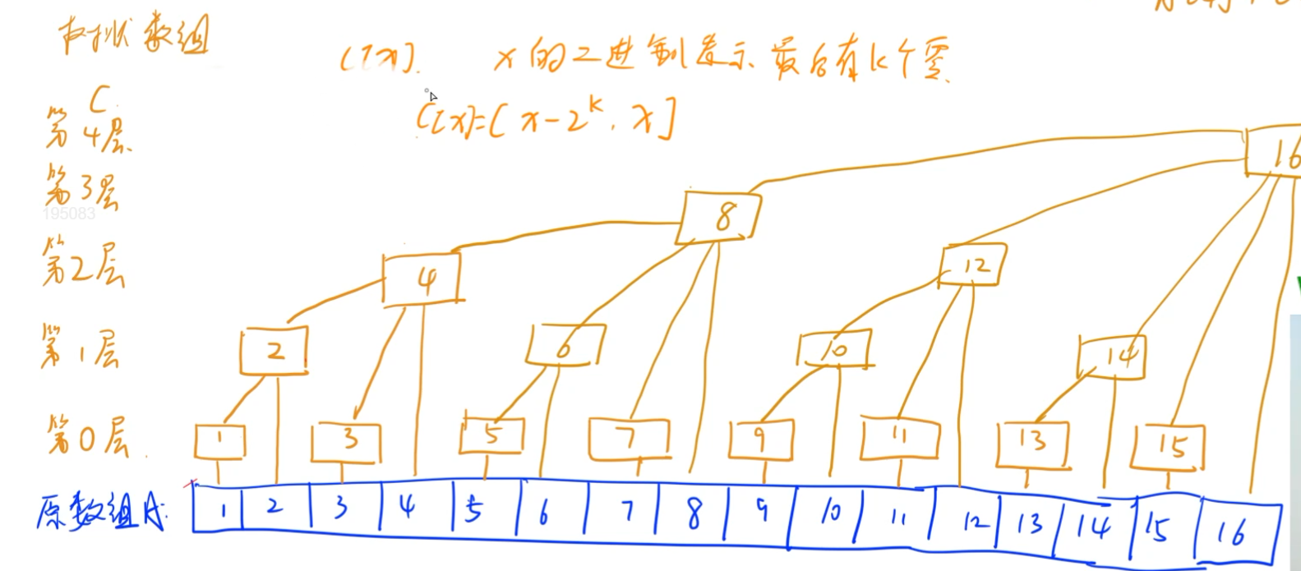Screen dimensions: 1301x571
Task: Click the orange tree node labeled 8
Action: click(719, 217)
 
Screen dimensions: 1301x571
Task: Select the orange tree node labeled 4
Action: click(422, 279)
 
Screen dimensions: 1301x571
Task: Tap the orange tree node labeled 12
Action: click(972, 265)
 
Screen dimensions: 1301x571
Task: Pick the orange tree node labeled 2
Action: click(274, 352)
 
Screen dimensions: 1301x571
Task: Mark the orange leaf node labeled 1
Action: click(219, 441)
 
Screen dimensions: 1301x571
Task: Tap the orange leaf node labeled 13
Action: click(1032, 443)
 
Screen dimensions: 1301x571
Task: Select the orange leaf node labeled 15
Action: click(1169, 447)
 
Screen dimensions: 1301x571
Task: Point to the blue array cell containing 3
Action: click(344, 508)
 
